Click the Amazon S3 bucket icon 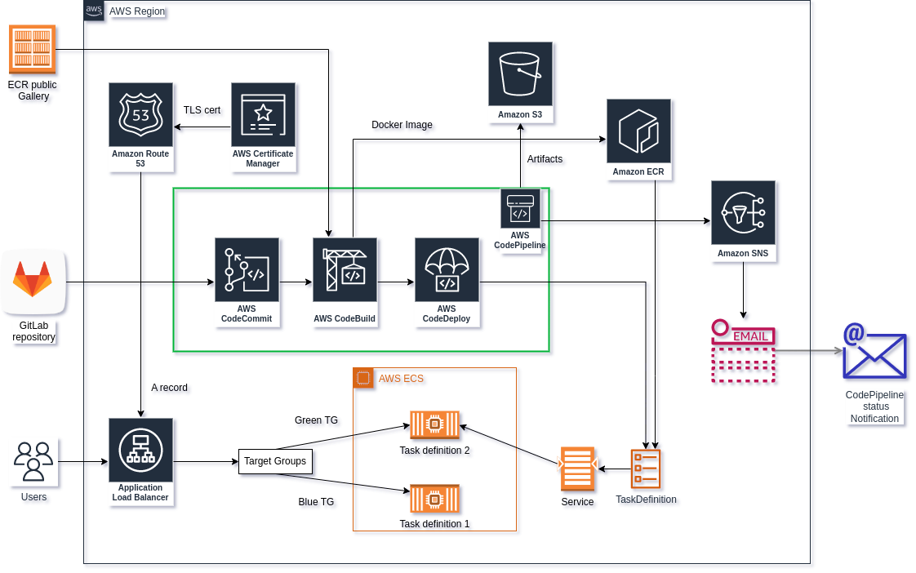pyautogui.click(x=520, y=74)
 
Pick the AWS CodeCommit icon pyautogui.click(x=247, y=270)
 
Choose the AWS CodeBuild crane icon pyautogui.click(x=345, y=270)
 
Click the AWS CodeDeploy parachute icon pyautogui.click(x=446, y=270)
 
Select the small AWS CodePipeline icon pyautogui.click(x=520, y=208)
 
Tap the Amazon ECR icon pyautogui.click(x=638, y=131)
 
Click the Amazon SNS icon pyautogui.click(x=742, y=213)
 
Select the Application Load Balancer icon pyautogui.click(x=140, y=450)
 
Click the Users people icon pyautogui.click(x=33, y=461)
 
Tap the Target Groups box pyautogui.click(x=275, y=461)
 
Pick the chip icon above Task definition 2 pyautogui.click(x=434, y=424)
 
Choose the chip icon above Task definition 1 pyautogui.click(x=434, y=498)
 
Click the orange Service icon pyautogui.click(x=577, y=469)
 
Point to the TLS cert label pyautogui.click(x=202, y=110)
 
